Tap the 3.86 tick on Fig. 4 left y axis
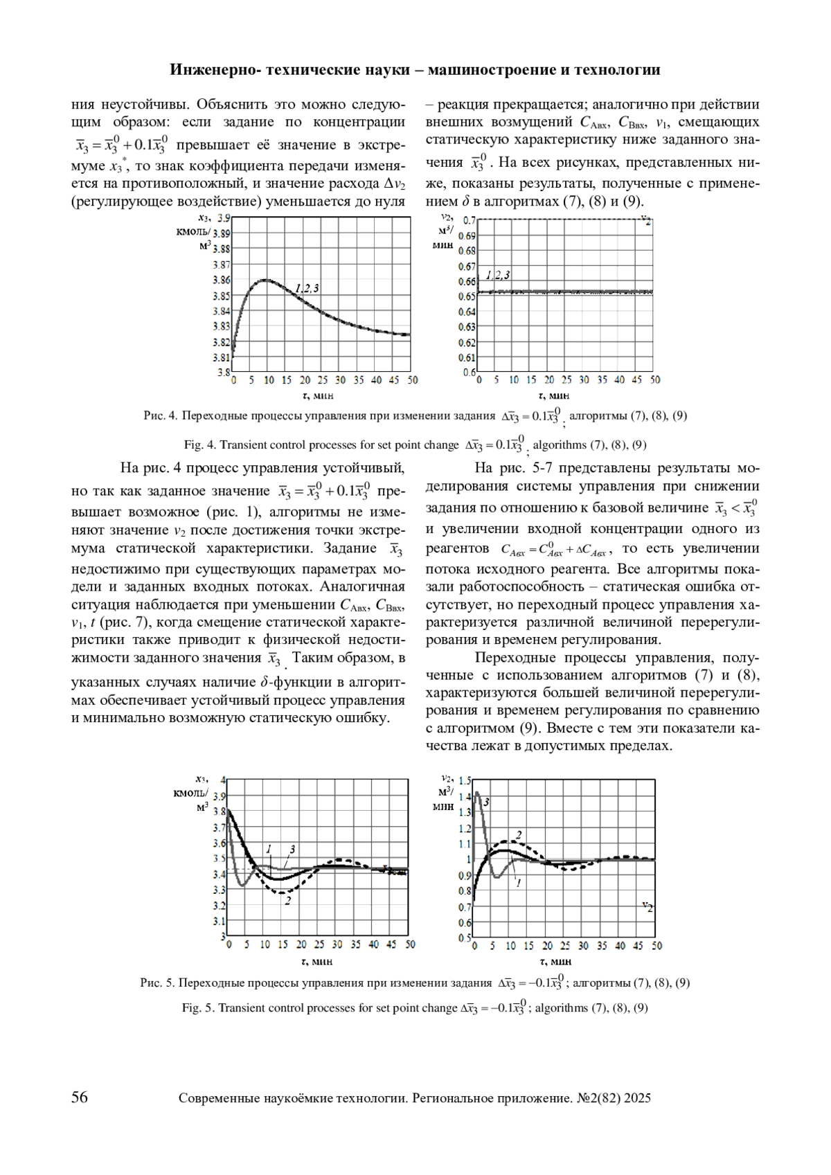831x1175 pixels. point(221,280)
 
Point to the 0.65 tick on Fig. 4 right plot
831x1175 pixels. point(467,296)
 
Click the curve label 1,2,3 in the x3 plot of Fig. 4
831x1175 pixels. point(307,288)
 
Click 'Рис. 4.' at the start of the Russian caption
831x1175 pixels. point(161,416)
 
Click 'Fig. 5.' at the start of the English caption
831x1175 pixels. point(199,1008)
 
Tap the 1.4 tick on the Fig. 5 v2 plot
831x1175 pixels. point(464,797)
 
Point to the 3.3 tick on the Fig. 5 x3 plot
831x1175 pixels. point(219,890)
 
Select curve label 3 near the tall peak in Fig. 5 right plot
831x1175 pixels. point(487,802)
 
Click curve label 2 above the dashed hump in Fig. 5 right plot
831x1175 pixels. point(518,834)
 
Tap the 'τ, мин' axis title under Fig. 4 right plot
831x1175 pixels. point(553,396)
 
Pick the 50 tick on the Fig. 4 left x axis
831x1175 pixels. point(412,380)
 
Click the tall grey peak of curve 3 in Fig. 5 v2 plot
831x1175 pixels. point(477,793)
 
